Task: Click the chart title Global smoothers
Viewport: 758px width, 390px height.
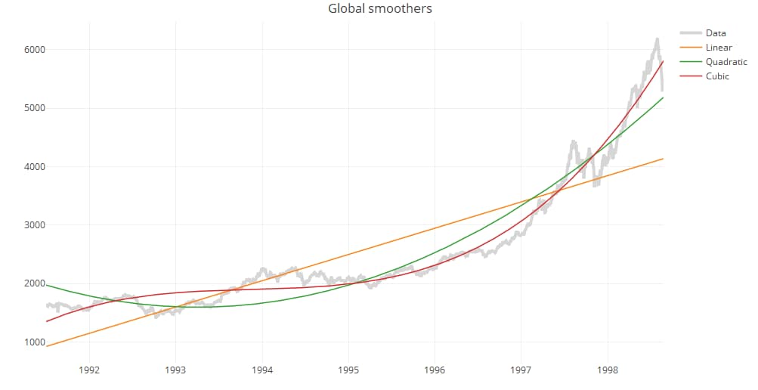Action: click(379, 9)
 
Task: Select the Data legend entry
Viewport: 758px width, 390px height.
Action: click(715, 32)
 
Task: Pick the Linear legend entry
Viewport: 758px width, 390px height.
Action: click(718, 48)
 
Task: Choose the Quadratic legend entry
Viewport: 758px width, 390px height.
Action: click(726, 62)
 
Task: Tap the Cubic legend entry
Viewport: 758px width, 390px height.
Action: click(717, 76)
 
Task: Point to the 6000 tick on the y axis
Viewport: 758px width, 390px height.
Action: click(34, 50)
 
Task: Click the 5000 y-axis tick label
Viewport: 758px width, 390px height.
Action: click(34, 108)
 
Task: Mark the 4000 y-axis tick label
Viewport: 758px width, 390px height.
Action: click(34, 167)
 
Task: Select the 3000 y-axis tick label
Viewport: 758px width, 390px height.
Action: click(34, 225)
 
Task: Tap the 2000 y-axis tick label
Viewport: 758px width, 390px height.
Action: click(34, 283)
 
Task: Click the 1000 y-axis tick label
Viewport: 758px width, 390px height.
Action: click(34, 342)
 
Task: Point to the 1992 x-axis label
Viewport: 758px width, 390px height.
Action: click(89, 370)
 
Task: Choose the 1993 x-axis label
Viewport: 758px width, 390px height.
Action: click(176, 370)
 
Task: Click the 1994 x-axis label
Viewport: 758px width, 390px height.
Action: click(262, 370)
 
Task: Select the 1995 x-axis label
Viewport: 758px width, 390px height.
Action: click(348, 370)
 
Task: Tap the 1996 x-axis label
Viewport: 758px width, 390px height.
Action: click(435, 370)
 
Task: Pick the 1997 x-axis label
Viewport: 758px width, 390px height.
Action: click(521, 370)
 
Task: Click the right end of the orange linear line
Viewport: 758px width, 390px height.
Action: click(663, 159)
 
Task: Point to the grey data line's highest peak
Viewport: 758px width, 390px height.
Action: click(657, 39)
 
